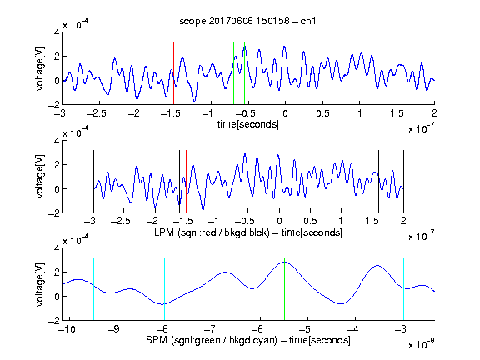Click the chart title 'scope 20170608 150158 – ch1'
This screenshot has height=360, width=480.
(247, 21)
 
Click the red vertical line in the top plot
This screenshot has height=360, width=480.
(173, 73)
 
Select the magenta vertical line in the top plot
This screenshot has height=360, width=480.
(397, 73)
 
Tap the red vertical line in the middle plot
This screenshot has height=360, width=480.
(186, 182)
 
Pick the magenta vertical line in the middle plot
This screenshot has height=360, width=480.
(372, 182)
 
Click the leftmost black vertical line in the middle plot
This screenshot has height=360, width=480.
(93, 182)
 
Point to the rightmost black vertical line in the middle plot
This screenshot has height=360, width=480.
(403, 182)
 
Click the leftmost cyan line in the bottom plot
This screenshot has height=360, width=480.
(93, 289)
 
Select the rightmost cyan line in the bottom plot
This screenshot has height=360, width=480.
(403, 289)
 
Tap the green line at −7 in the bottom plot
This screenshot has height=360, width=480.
(212, 289)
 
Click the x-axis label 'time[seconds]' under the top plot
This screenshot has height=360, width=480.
(248, 124)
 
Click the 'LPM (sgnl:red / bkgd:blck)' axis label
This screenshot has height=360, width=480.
(212, 232)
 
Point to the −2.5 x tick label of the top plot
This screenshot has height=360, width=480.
(97, 113)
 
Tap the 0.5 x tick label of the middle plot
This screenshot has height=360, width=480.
(310, 221)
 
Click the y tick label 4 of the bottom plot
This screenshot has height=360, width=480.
(57, 248)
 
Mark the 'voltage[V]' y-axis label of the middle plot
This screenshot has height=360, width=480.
(40, 177)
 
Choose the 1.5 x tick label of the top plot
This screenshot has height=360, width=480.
(397, 113)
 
